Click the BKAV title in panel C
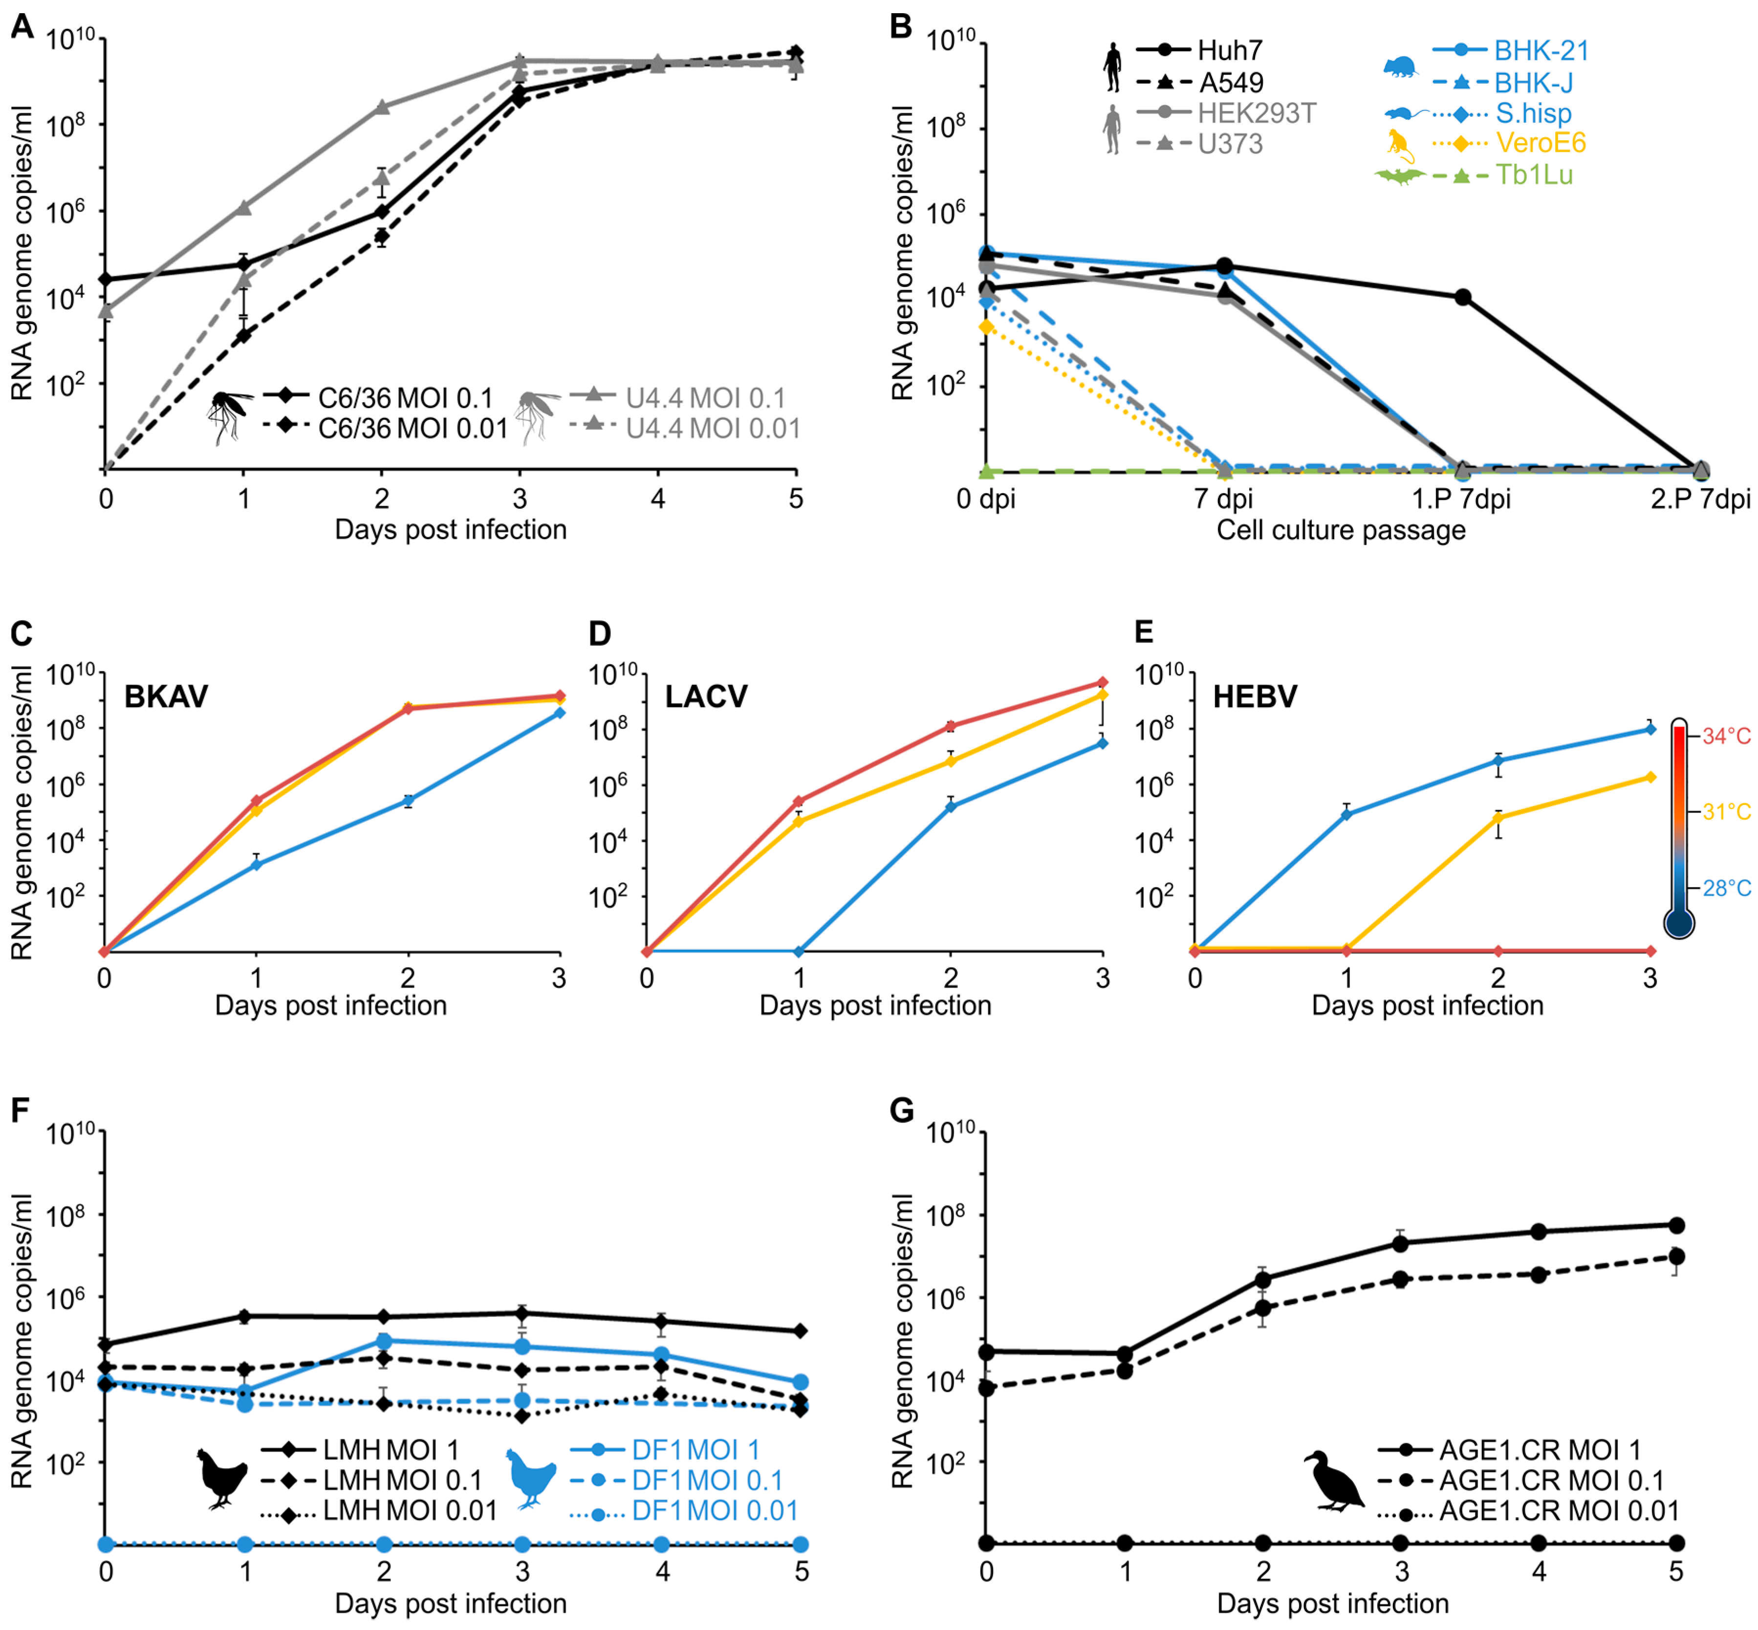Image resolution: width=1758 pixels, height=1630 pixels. [166, 697]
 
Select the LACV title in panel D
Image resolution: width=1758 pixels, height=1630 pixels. [706, 697]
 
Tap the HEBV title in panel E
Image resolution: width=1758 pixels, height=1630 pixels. [1254, 697]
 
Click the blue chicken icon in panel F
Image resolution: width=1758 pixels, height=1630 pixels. [530, 1478]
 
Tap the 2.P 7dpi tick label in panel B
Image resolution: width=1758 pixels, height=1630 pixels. [1700, 499]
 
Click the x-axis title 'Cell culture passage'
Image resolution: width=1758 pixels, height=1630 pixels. [1341, 530]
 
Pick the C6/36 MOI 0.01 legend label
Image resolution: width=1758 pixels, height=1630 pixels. [413, 429]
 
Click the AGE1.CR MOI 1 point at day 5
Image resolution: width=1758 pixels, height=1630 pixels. [1676, 1225]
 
